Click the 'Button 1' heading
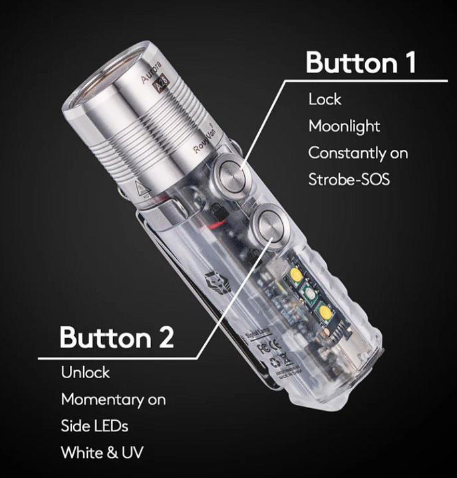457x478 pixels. tap(361, 63)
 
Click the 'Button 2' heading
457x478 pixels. tap(116, 337)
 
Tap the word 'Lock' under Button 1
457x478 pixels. tap(325, 99)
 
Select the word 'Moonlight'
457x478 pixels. tap(344, 126)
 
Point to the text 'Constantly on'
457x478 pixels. tap(357, 152)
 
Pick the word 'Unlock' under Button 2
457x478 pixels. tap(85, 372)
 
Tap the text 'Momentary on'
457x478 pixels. tap(113, 399)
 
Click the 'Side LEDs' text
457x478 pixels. tap(95, 426)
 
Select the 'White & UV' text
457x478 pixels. tap(102, 453)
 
